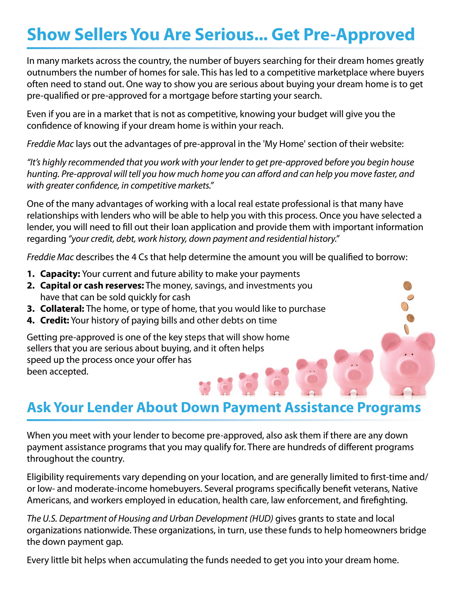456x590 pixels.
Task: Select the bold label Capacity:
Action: tap(60, 274)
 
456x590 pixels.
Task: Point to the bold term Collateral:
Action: tap(62, 309)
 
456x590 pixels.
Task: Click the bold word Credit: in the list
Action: tap(54, 320)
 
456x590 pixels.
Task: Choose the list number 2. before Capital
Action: tap(31, 286)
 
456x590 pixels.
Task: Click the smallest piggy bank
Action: tap(204, 388)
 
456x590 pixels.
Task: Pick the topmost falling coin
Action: tap(407, 286)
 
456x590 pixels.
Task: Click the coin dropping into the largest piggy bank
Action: tap(406, 329)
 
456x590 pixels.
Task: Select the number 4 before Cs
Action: tap(134, 257)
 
